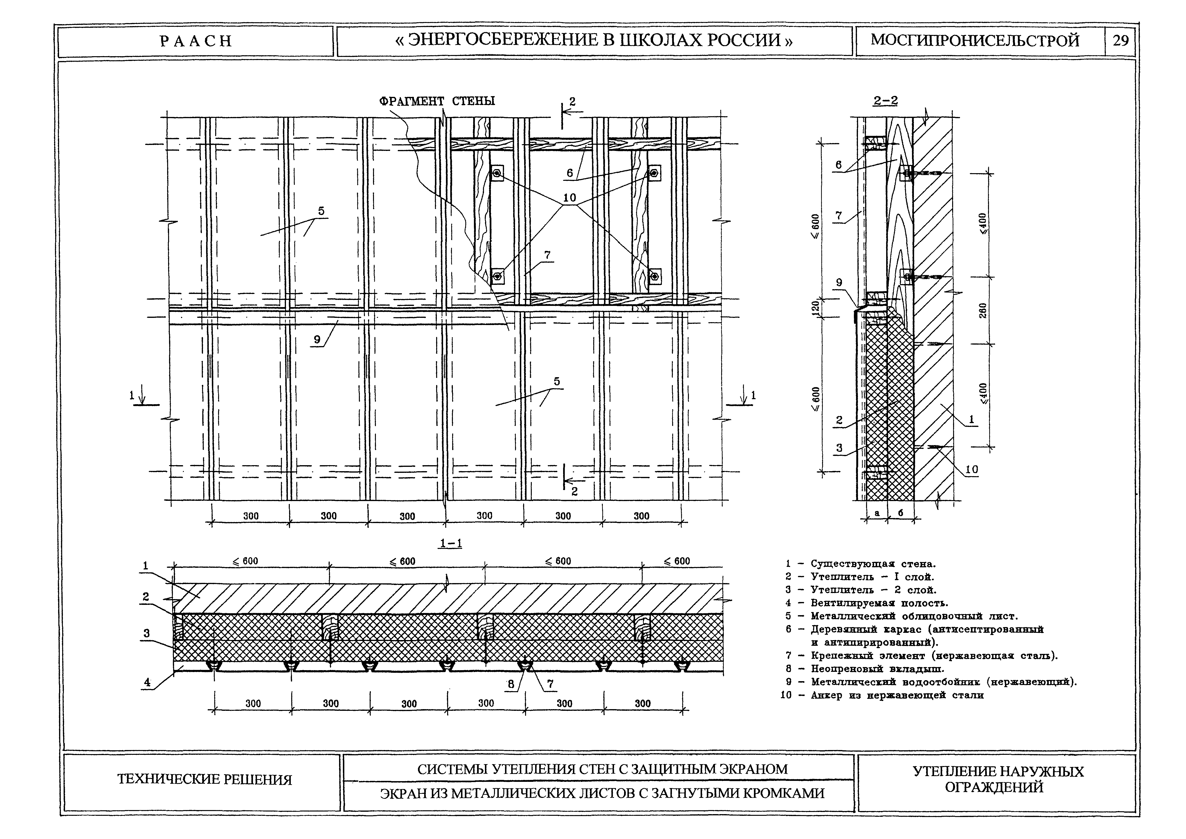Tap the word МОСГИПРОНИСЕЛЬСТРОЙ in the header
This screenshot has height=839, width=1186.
pos(975,40)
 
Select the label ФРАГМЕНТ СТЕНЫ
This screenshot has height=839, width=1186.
pos(437,101)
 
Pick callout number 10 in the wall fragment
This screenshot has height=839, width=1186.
pos(569,197)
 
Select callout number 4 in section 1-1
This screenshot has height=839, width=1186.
pos(147,682)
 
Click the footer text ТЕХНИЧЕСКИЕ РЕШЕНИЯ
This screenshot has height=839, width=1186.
pos(204,779)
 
